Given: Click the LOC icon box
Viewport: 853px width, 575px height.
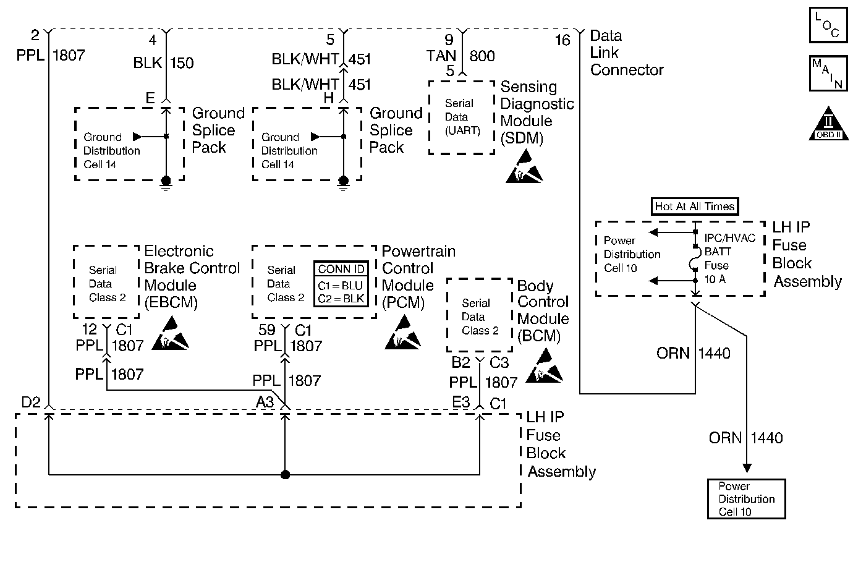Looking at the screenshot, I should click(828, 25).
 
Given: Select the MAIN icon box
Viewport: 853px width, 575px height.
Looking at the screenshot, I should click(828, 74).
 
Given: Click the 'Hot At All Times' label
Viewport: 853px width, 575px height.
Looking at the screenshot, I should click(695, 207).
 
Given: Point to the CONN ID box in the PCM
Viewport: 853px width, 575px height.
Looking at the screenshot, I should click(341, 285).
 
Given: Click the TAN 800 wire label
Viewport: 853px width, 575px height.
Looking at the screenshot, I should click(460, 56).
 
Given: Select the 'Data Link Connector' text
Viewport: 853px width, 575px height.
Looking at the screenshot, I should click(626, 53).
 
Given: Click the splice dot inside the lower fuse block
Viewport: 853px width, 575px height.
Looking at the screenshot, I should click(285, 475).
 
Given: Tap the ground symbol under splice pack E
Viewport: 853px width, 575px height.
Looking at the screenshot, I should click(166, 182).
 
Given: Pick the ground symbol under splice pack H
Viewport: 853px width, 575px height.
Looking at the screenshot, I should click(344, 182).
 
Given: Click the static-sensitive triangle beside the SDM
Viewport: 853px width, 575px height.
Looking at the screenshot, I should click(524, 170).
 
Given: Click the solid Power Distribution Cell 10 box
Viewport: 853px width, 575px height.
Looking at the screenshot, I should click(746, 499).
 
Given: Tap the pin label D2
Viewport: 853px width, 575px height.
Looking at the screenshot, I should click(31, 402).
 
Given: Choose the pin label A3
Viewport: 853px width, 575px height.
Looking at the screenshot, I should click(265, 402).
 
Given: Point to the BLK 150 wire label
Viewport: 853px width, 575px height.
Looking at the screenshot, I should click(163, 62).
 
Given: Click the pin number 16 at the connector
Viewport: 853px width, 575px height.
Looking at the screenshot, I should click(562, 40).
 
